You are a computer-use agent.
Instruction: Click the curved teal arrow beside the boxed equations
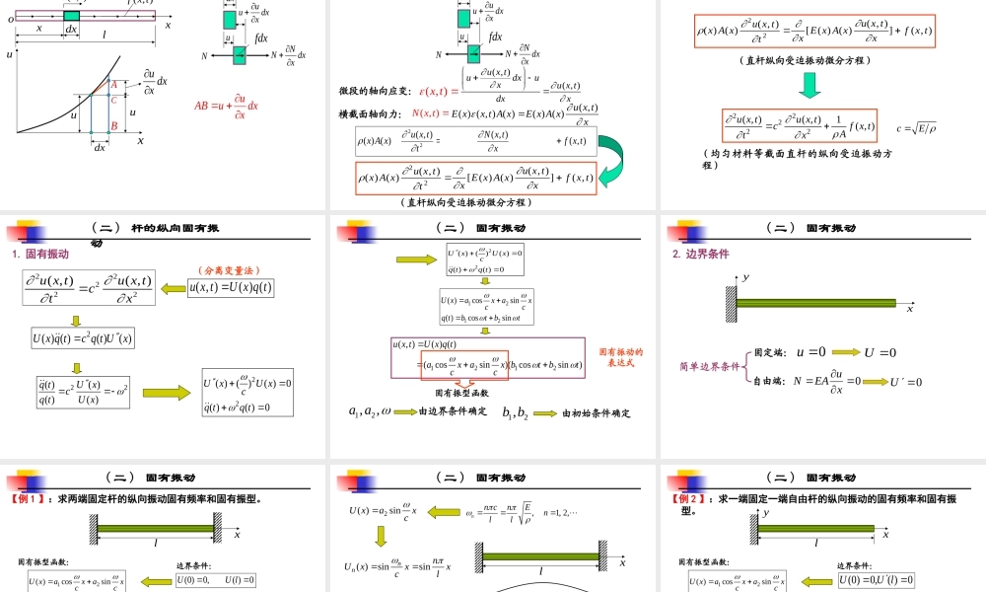613,162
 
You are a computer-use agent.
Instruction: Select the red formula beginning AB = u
226,106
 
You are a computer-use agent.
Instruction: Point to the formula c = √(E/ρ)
916,126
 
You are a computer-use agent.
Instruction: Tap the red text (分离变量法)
227,269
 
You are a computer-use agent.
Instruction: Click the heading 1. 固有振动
40,254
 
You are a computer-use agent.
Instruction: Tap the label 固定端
769,352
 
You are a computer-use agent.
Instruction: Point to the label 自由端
769,380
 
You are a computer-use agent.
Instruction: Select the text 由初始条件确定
597,413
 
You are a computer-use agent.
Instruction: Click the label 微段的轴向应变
375,91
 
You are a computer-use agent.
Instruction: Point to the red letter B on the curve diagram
114,126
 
